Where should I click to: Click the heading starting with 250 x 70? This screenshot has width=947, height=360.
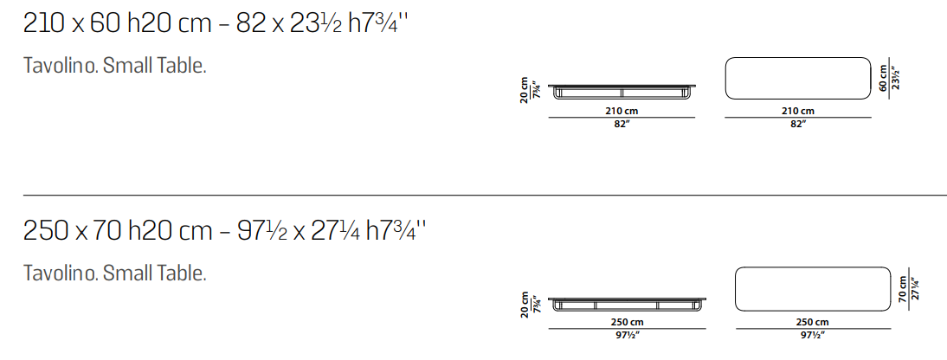tap(225, 231)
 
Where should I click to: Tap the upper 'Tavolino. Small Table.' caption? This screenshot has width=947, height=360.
tap(115, 66)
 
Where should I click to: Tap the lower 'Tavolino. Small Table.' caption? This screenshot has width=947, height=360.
tap(115, 273)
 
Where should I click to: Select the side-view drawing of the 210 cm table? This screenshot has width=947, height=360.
tap(622, 93)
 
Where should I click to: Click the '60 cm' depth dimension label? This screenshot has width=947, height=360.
tap(884, 78)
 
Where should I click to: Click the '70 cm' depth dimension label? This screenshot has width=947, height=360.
tap(903, 289)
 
